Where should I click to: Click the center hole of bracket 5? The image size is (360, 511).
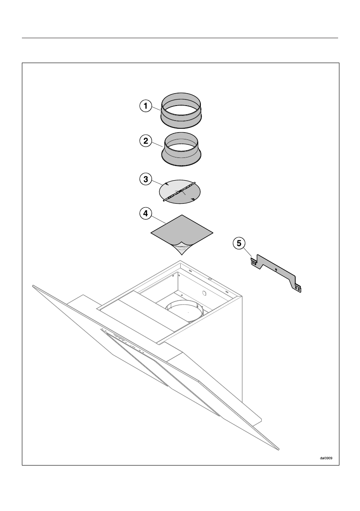click(276, 270)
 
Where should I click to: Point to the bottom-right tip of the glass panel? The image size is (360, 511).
click(279, 449)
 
